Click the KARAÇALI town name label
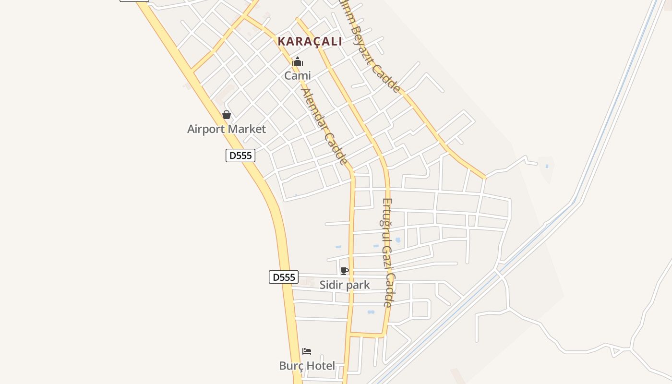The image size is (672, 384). coord(310,42)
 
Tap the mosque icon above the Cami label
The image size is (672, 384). coord(298,61)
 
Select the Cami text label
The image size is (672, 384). coord(298,75)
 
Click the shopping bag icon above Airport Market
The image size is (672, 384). coord(227,115)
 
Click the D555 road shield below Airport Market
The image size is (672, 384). coord(240,156)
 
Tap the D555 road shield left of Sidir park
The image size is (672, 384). coord(284,277)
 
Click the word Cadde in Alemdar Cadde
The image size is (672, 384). coord(336,149)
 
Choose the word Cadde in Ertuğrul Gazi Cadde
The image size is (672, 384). coord(388,290)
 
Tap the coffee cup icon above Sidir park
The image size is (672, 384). coord(344,271)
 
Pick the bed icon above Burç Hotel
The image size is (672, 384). coord(307,351)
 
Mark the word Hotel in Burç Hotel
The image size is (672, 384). coord(320,366)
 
